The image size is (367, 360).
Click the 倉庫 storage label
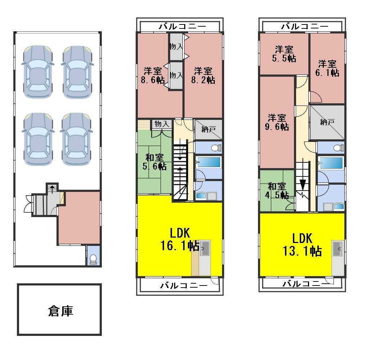pyautogui.click(x=60, y=311)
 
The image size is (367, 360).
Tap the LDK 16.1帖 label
pyautogui.click(x=180, y=239)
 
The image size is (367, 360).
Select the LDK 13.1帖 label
pyautogui.click(x=302, y=244)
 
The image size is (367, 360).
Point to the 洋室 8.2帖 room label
pyautogui.click(x=203, y=75)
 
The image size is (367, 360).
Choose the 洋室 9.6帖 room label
pyautogui.click(x=277, y=122)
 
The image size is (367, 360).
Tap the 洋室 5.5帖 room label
pyautogui.click(x=284, y=54)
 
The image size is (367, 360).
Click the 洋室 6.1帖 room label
pyautogui.click(x=327, y=68)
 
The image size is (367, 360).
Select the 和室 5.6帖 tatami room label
pyautogui.click(x=155, y=162)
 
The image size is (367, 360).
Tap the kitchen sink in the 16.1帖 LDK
pyautogui.click(x=205, y=248)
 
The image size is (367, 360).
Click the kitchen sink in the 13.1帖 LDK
pyautogui.click(x=338, y=248)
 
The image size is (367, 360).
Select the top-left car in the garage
pyautogui.click(x=38, y=72)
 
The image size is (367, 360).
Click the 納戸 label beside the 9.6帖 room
pyautogui.click(x=327, y=122)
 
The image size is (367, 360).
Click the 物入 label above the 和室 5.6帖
pyautogui.click(x=162, y=124)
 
